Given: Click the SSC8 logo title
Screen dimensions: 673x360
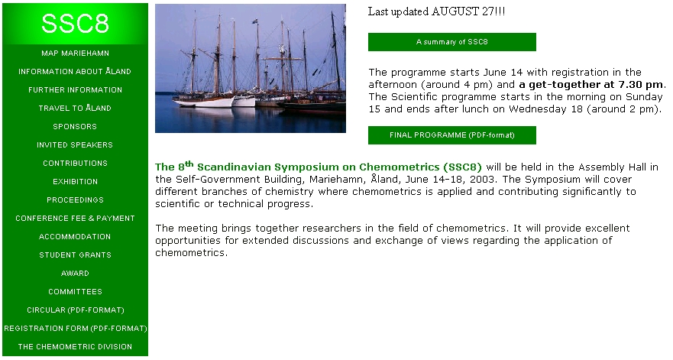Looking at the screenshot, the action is [75, 24].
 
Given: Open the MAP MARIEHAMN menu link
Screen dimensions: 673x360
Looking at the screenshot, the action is [75, 54].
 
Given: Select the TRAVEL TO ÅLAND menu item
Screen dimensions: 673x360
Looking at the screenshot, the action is [75, 108].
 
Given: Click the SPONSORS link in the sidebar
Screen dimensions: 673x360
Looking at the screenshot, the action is [75, 127].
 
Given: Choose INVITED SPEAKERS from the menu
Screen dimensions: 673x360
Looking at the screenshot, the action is [75, 145].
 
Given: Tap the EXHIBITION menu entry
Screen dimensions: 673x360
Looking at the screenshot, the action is [75, 182].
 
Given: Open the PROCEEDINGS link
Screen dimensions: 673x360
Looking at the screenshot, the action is [75, 200].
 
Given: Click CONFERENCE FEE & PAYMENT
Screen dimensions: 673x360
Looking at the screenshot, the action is [75, 219].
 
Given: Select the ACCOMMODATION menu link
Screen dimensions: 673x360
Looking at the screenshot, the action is [75, 237].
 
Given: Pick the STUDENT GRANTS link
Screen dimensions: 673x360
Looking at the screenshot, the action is [75, 255].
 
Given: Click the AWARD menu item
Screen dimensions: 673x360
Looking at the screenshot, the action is [75, 273].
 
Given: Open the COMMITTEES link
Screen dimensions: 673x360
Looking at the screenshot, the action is [75, 292].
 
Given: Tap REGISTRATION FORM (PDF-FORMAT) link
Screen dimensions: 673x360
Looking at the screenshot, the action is [76, 329].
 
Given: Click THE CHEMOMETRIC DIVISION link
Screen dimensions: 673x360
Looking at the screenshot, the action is [75, 347].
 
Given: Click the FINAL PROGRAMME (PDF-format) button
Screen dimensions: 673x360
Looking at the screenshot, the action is [452, 135].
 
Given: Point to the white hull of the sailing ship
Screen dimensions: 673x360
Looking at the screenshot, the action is [204, 102].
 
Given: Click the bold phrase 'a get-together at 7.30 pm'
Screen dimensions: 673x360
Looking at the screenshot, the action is [591, 85].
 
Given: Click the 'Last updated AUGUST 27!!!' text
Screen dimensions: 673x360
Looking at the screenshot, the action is [436, 11].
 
